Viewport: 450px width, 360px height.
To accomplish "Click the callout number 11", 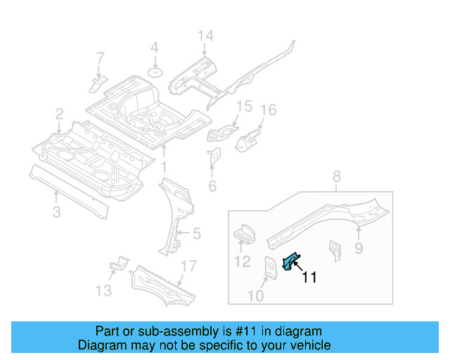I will click(x=309, y=278).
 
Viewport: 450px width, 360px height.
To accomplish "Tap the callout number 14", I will click(x=205, y=36).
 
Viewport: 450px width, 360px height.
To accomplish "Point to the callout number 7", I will click(x=100, y=57).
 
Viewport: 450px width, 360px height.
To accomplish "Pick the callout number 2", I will click(x=60, y=113).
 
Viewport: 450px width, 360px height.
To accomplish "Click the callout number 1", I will click(x=163, y=167).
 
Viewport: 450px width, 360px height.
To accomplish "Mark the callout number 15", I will click(x=243, y=106).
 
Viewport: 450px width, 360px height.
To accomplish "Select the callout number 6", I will click(x=212, y=186).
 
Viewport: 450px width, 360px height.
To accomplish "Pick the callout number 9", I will click(x=358, y=247).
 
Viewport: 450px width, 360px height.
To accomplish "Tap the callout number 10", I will click(x=255, y=296).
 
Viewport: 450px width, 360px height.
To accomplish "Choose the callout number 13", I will click(x=103, y=290).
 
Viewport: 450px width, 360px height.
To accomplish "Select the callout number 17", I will click(x=188, y=266).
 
